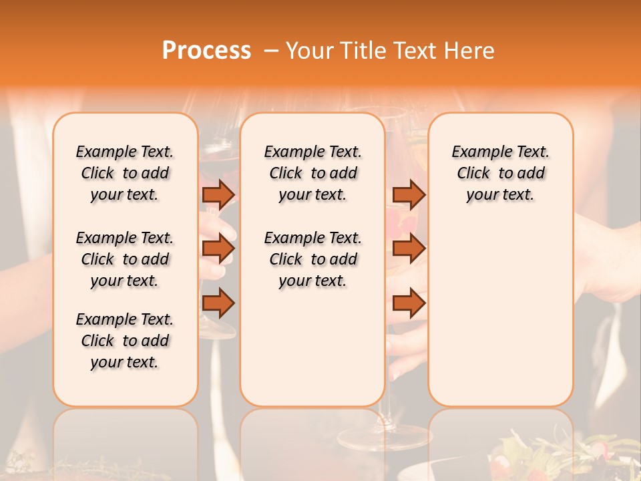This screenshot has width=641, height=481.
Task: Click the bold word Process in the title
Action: click(x=206, y=51)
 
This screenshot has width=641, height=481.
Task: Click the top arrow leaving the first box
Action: click(x=218, y=194)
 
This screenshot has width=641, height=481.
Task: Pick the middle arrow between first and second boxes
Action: click(x=218, y=249)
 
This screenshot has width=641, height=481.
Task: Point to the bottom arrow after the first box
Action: click(x=218, y=303)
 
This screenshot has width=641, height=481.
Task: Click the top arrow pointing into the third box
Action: click(x=409, y=194)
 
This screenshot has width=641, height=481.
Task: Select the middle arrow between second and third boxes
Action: click(x=409, y=249)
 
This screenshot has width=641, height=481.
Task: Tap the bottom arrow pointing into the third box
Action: click(x=409, y=303)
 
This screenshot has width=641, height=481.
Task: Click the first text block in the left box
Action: click(x=125, y=173)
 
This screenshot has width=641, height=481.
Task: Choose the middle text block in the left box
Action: click(x=125, y=259)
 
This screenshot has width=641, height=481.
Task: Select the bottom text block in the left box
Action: click(x=125, y=341)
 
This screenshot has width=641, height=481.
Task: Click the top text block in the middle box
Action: click(x=312, y=173)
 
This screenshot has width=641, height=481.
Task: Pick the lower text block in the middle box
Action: click(x=312, y=259)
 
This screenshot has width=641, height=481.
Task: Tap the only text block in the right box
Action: click(x=501, y=173)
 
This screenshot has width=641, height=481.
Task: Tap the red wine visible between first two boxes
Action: click(x=219, y=164)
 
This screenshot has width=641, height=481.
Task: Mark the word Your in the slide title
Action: click(x=309, y=51)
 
